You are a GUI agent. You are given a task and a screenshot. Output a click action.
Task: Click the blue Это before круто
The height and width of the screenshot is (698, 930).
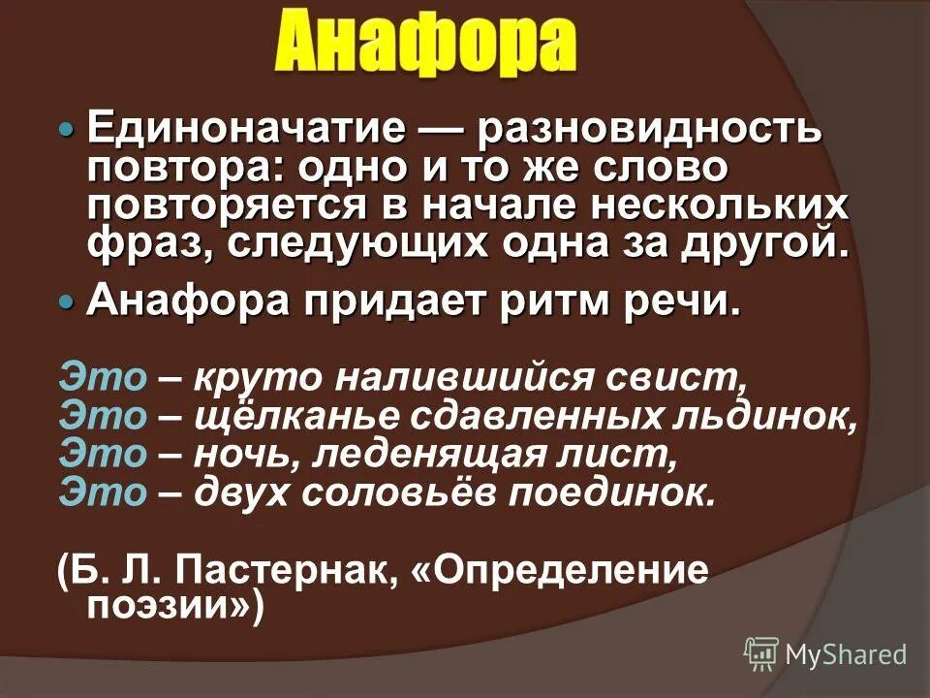[101, 375]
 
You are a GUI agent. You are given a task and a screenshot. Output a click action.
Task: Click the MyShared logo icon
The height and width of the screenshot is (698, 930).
[762, 653]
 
